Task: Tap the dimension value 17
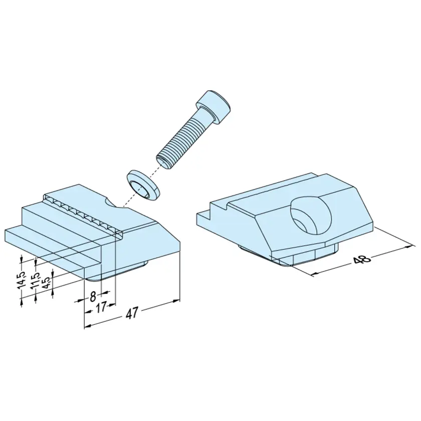click(x=101, y=308)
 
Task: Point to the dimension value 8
click(x=93, y=296)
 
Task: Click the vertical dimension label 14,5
click(x=22, y=280)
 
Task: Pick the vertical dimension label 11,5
click(x=35, y=281)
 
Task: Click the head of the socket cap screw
click(x=215, y=107)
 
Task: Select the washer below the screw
click(x=143, y=185)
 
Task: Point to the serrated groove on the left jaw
click(x=83, y=212)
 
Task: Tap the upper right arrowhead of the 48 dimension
click(x=408, y=246)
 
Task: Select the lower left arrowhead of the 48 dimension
click(x=315, y=274)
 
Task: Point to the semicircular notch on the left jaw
click(x=110, y=202)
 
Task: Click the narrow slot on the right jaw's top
click(x=271, y=190)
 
